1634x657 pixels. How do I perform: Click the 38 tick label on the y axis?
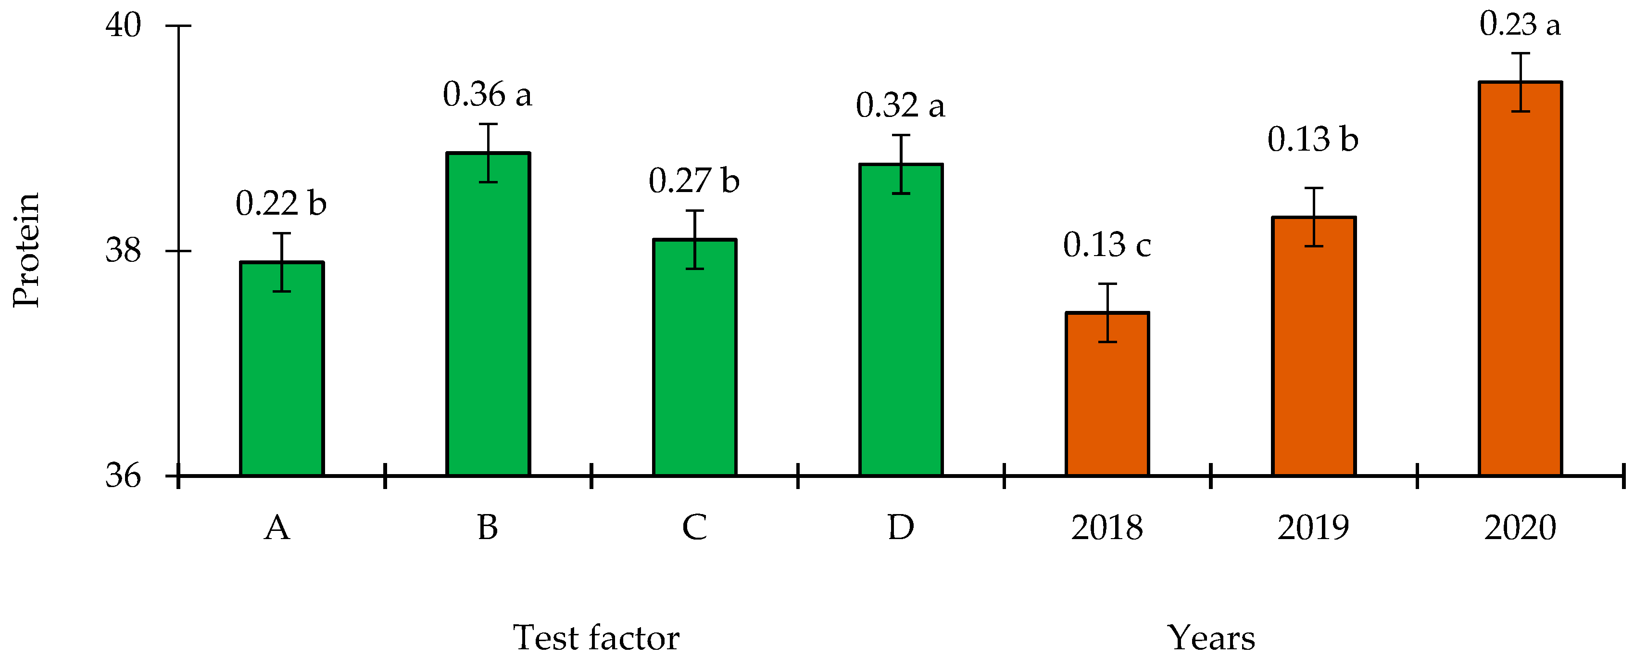point(123,250)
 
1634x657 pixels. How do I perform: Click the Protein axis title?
point(26,250)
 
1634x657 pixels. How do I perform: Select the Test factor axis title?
point(596,637)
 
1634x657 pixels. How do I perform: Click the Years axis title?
point(1211,637)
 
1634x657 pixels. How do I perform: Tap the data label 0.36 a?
point(487,95)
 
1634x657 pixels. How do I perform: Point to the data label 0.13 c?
point(1107,245)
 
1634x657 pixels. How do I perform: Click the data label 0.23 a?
point(1520,24)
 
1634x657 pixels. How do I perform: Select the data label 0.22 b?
point(281,204)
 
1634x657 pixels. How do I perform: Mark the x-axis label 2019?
point(1313,528)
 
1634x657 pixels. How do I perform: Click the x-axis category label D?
point(901,528)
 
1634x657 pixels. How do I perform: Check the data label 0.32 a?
point(900,105)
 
